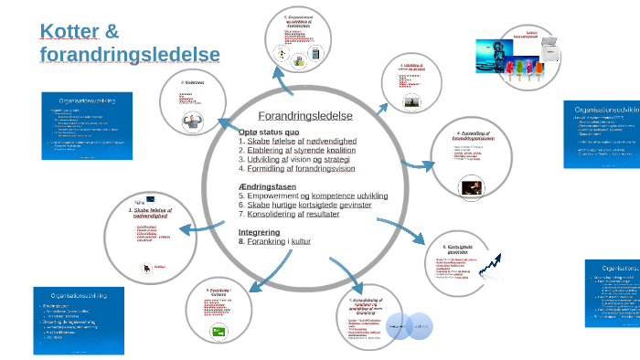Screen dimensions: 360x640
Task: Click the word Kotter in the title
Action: (x=70, y=31)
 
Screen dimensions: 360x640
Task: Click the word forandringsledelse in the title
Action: (x=130, y=55)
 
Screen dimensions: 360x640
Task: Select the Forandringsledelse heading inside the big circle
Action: (x=304, y=116)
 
